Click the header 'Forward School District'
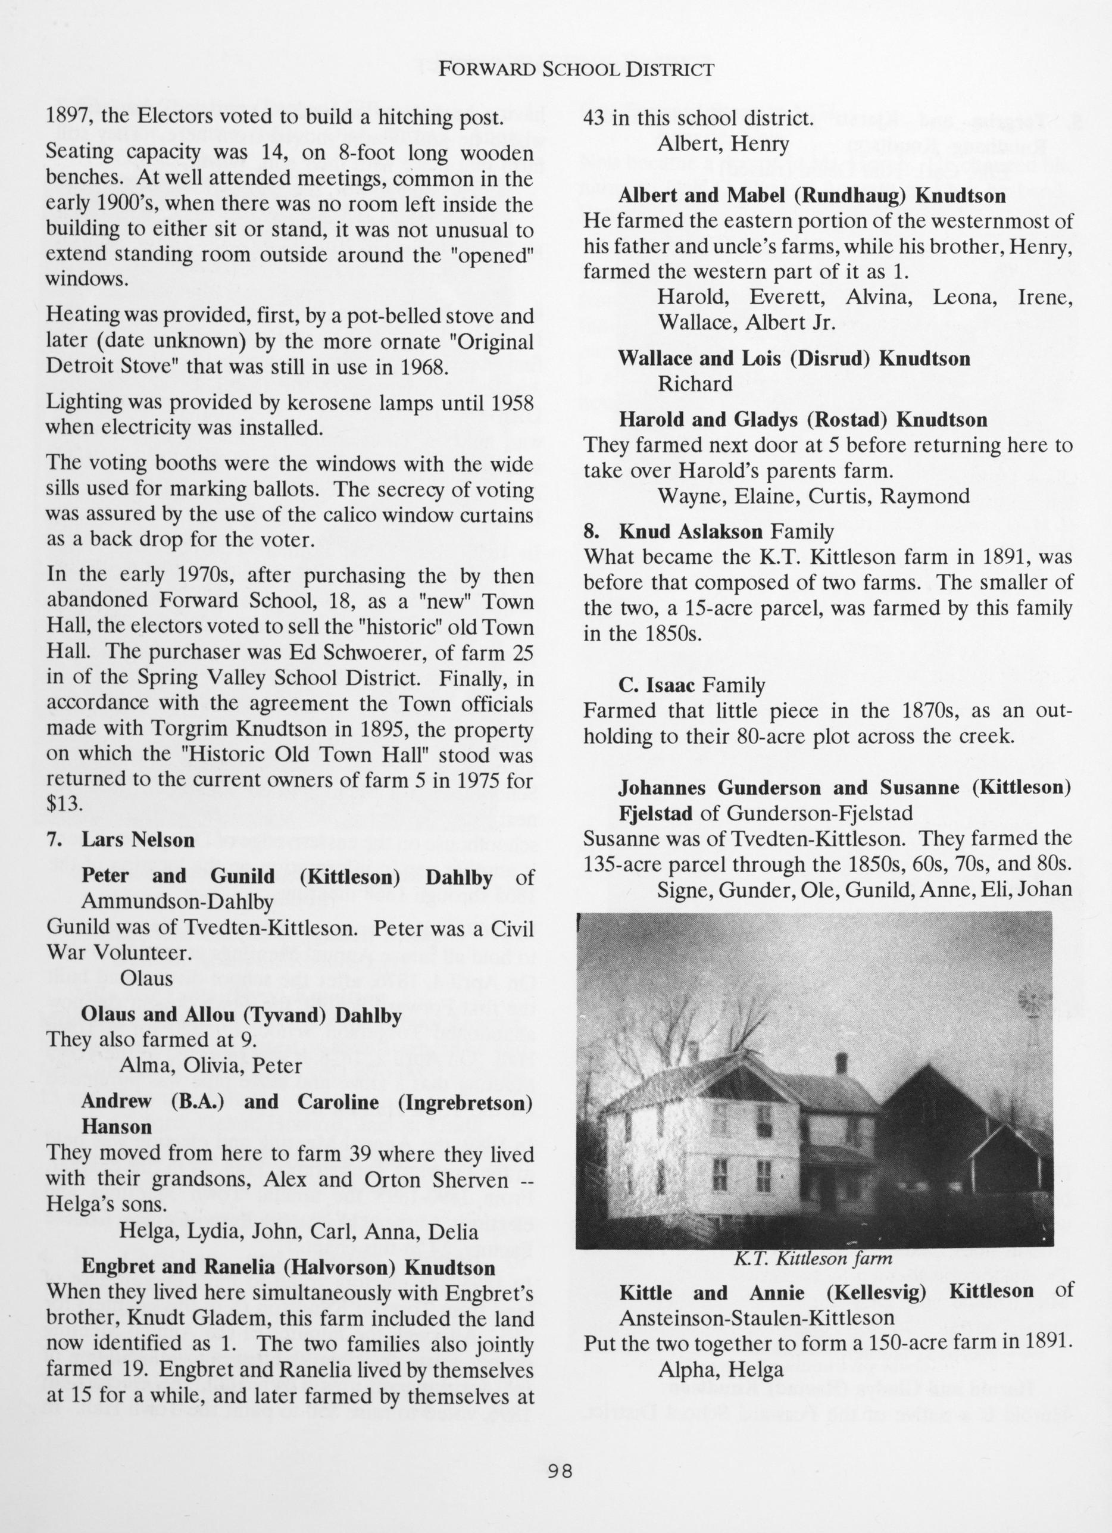[x=575, y=69]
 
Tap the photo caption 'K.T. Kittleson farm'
[x=813, y=1259]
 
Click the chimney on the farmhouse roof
[x=841, y=1063]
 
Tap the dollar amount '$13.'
[x=65, y=804]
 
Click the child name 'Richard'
[x=695, y=384]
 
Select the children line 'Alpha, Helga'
[x=721, y=1350]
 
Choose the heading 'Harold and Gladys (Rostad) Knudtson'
[x=802, y=420]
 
